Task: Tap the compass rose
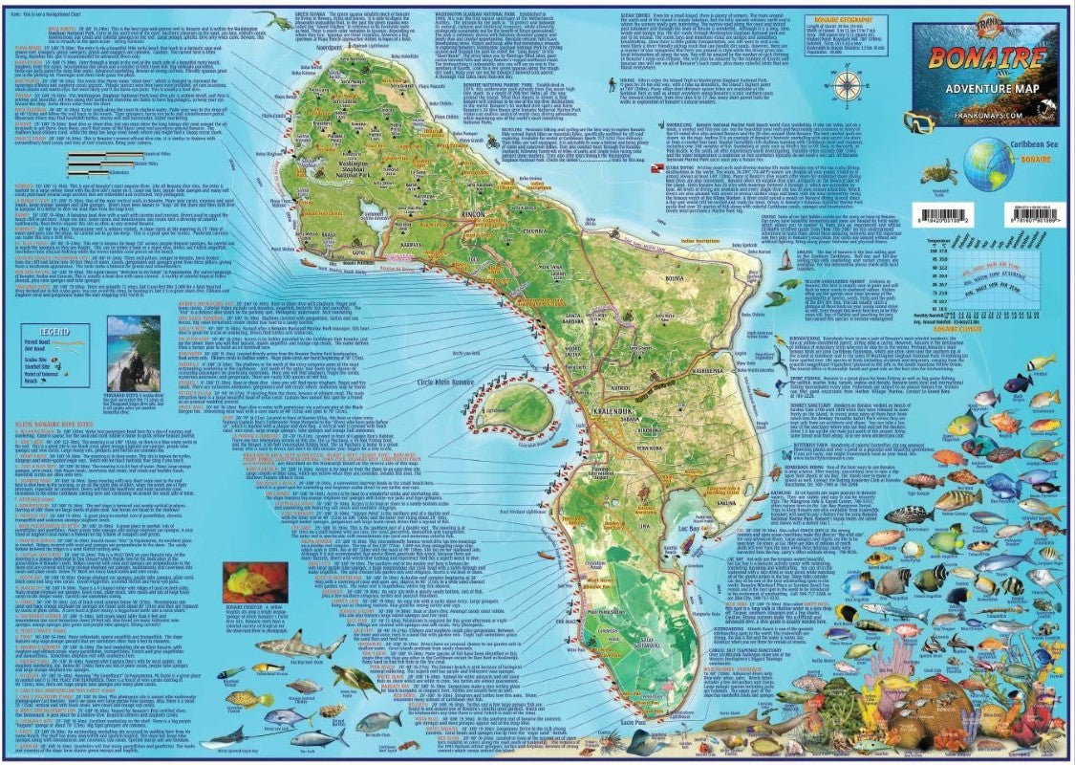(847, 85)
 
